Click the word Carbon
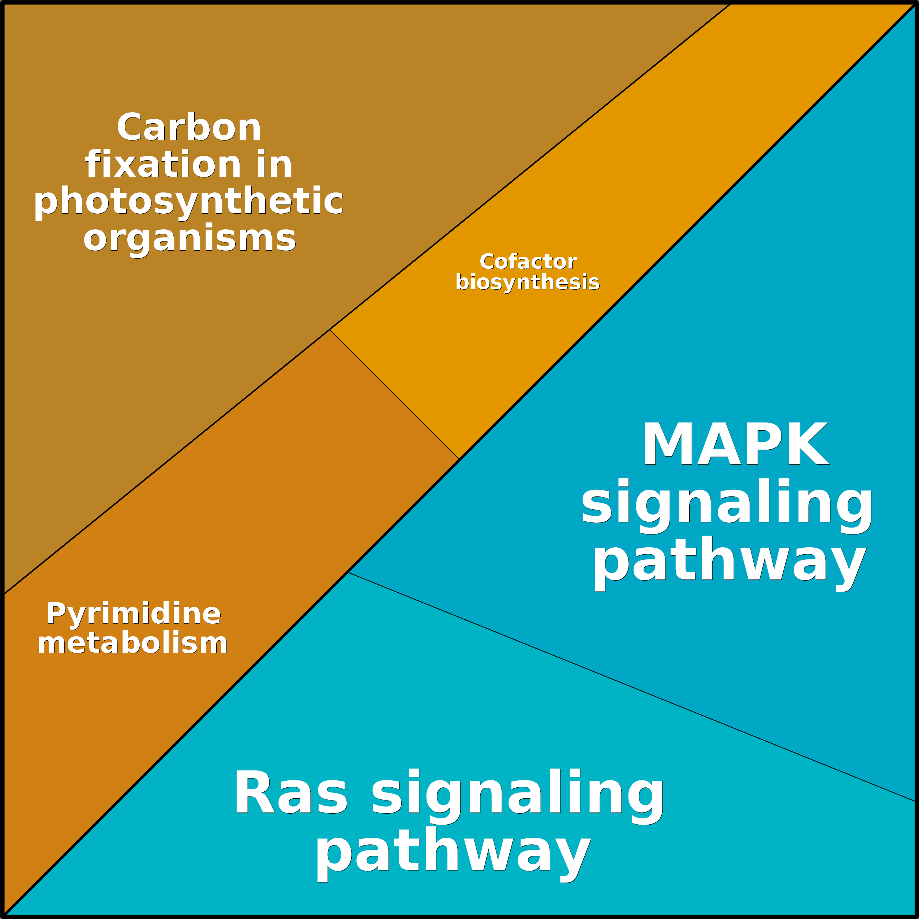point(189,127)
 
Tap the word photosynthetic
point(188,201)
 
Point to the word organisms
point(189,238)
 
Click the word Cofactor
point(528,262)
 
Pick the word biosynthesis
point(527,282)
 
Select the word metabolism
point(133,643)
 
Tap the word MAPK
point(735,445)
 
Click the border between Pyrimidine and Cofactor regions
point(394,394)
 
